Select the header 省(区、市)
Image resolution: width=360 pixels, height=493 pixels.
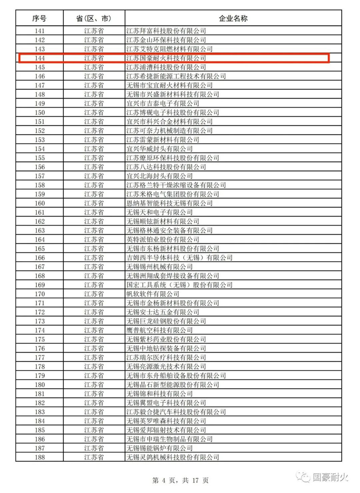94,18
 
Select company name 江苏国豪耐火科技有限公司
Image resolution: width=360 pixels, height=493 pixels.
166,58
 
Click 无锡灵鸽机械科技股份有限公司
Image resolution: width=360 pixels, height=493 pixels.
173,457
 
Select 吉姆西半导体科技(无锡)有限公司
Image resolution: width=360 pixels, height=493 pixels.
179,258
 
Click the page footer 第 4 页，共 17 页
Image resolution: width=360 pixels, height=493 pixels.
180,480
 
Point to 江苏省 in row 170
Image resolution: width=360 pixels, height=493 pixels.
94,294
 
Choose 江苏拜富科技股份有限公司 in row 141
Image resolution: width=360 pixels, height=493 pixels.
166,31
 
